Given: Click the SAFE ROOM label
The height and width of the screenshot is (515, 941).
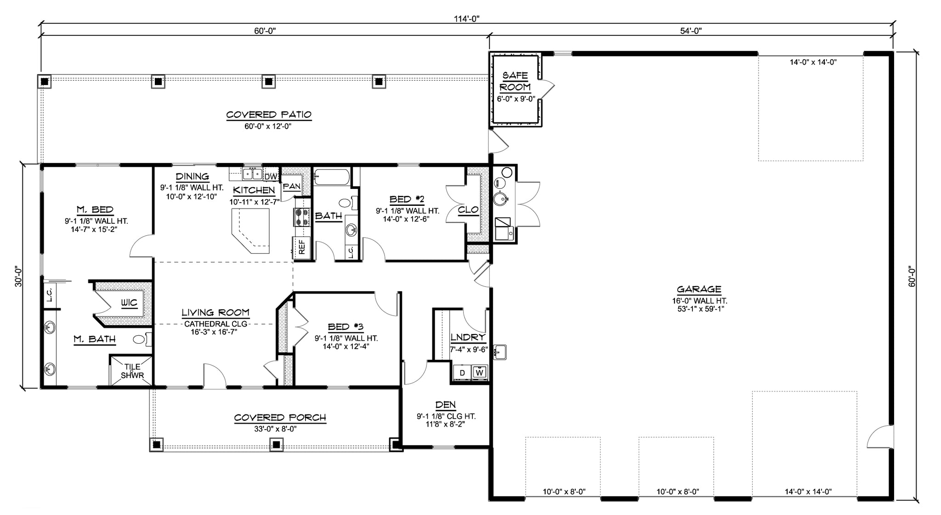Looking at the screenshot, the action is click(515, 81).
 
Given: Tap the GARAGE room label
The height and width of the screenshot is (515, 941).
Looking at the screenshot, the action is click(699, 289).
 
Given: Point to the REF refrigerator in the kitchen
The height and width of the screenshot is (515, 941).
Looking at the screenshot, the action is click(302, 248).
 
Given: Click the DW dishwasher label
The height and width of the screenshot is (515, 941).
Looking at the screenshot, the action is click(271, 177).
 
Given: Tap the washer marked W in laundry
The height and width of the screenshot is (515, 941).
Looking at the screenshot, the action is click(479, 373).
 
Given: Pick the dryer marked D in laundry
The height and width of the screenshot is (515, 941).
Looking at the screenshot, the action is click(462, 373).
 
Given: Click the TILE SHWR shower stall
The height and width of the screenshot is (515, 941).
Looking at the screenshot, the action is click(132, 371).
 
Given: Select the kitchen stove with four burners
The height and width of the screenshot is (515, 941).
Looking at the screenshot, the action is click(302, 217).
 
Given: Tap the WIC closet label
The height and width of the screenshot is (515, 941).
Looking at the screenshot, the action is click(129, 303).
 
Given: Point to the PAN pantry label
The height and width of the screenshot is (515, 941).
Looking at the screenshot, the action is click(291, 187).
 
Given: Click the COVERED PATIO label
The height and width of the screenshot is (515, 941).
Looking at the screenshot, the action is click(269, 115).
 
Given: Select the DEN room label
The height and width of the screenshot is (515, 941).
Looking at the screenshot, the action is click(445, 405).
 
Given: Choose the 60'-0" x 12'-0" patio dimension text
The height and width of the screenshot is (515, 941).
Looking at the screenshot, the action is click(268, 126).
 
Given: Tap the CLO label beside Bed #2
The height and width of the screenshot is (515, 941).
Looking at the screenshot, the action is click(468, 210).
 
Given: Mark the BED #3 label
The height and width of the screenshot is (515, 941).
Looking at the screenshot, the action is click(346, 327).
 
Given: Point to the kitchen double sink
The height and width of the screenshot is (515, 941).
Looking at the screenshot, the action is click(252, 174).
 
